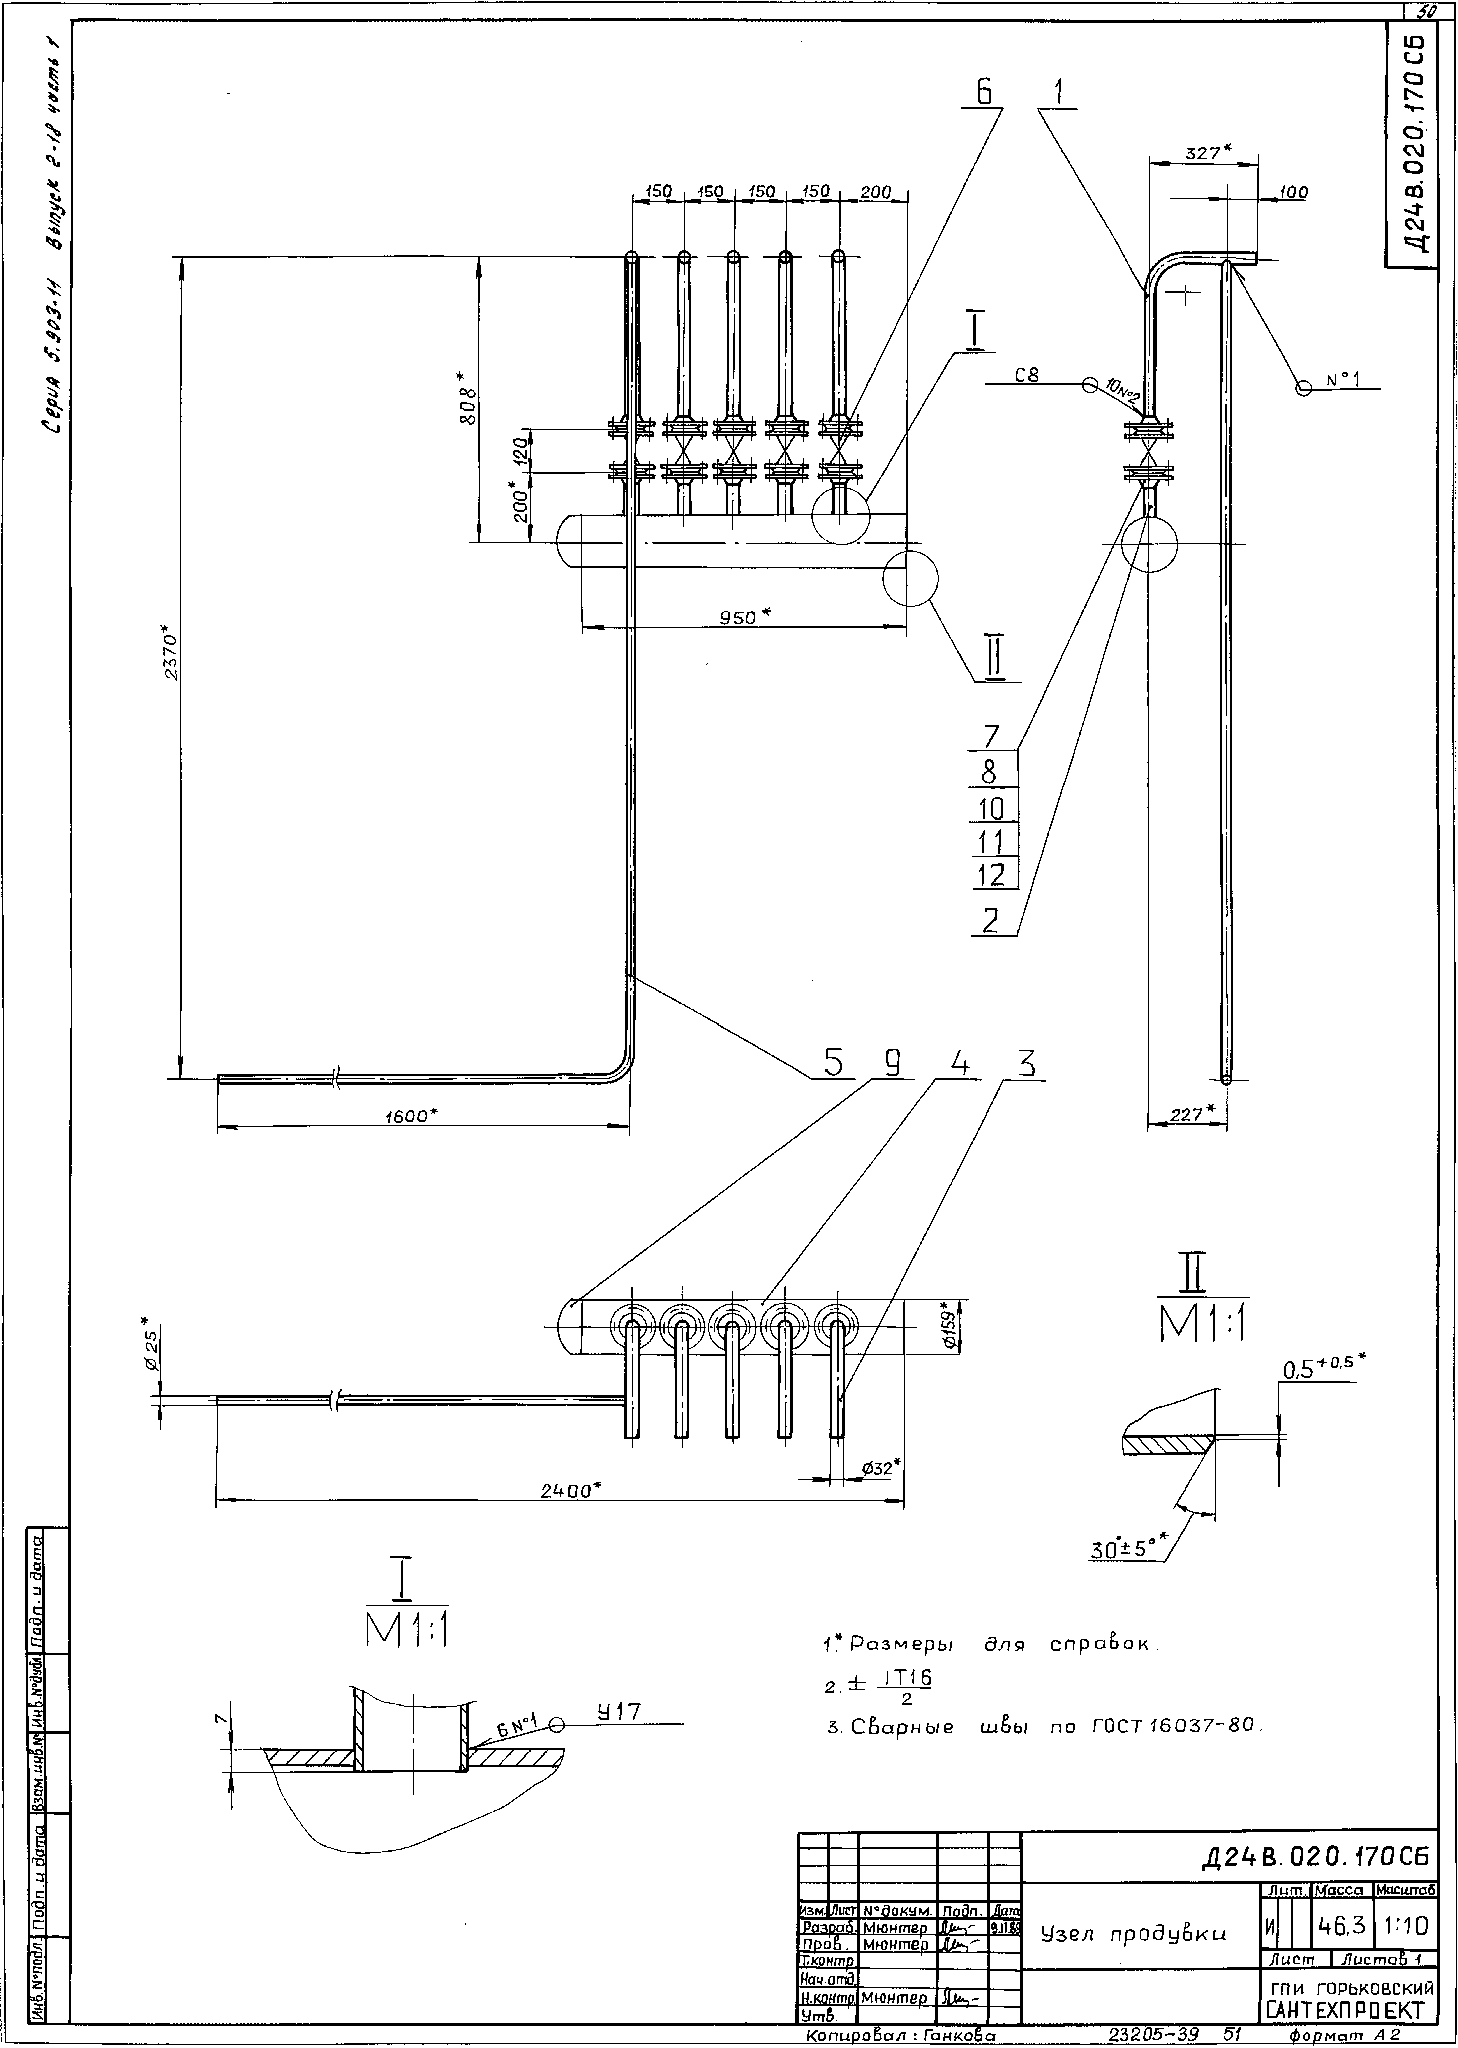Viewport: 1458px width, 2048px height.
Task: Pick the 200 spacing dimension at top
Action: (875, 192)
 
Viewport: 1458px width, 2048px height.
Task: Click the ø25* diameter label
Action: (152, 1347)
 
